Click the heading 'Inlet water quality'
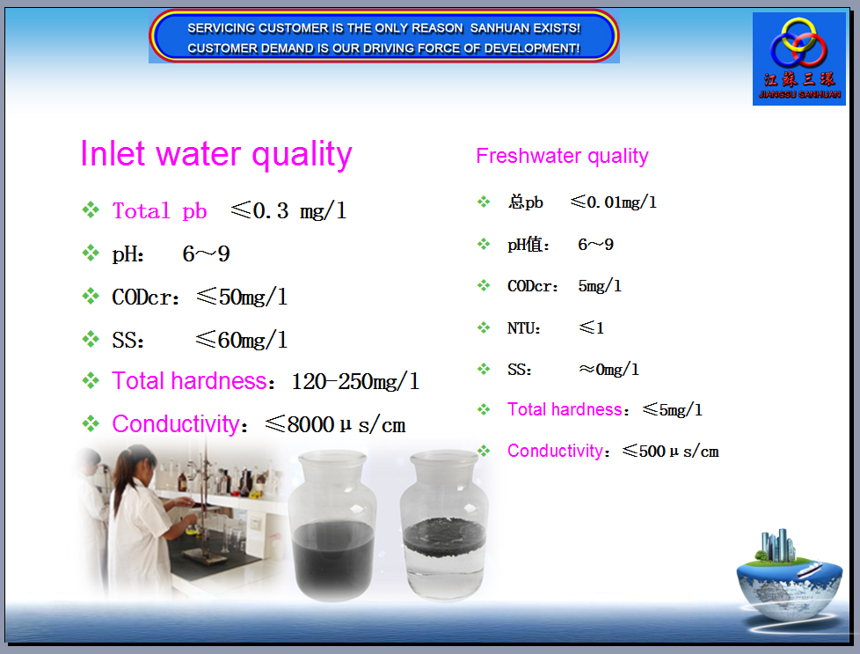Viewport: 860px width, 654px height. click(216, 154)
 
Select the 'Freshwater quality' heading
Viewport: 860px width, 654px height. click(562, 157)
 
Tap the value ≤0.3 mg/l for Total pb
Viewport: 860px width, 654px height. click(288, 211)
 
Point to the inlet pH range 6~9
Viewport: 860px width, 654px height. click(207, 254)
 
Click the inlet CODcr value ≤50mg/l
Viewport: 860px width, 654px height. click(242, 298)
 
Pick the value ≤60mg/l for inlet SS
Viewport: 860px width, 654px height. click(242, 340)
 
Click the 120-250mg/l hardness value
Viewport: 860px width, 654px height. click(355, 382)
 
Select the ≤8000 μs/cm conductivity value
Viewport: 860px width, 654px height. click(335, 424)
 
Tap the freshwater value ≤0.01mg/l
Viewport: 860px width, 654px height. click(613, 202)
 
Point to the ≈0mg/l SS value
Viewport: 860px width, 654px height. click(609, 370)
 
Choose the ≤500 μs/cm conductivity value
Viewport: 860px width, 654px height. click(670, 452)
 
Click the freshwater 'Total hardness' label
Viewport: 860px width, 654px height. click(565, 409)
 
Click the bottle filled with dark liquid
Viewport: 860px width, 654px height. click(332, 525)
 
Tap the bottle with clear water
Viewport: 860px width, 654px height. click(444, 525)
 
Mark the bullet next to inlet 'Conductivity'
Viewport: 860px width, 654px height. click(91, 424)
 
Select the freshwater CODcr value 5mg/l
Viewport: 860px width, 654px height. click(600, 286)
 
